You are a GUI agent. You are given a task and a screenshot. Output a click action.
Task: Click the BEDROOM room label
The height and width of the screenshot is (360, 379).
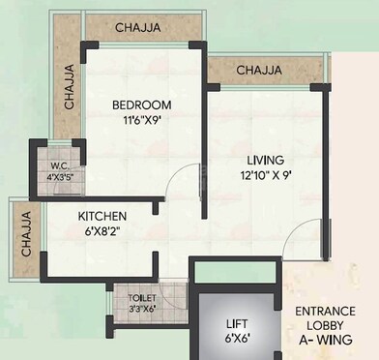[x=141, y=105]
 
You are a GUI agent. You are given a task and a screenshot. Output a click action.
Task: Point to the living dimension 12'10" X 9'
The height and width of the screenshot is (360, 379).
[x=263, y=176]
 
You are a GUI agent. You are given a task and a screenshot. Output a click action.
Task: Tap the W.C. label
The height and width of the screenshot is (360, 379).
[x=58, y=165]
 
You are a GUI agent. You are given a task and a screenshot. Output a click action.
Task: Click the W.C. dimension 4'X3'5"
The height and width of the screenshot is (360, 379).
[x=59, y=177]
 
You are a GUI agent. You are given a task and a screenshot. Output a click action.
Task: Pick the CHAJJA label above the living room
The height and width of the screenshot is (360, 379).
[x=259, y=70]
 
